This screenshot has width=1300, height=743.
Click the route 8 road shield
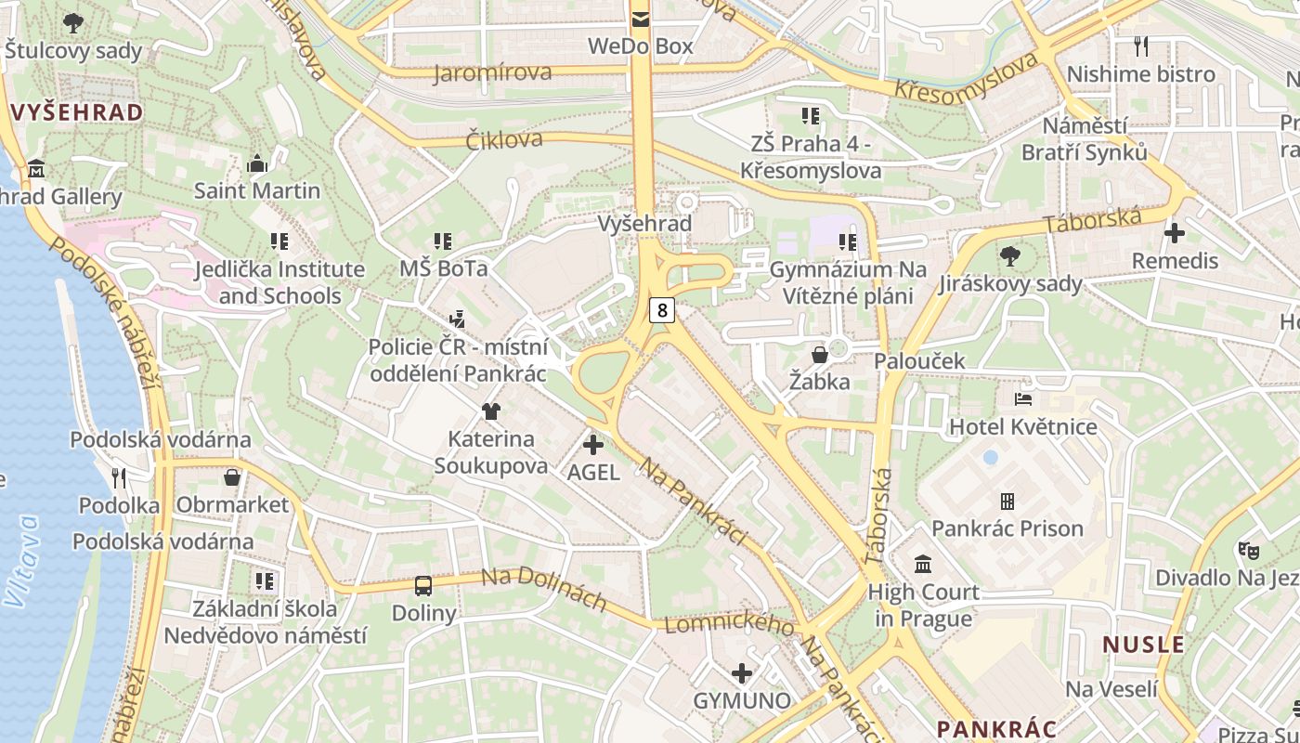[661, 309]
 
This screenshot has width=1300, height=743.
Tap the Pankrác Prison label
[1007, 528]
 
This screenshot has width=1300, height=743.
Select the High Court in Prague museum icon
[923, 564]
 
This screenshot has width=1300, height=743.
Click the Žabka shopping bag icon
[820, 355]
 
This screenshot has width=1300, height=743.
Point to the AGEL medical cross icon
[592, 445]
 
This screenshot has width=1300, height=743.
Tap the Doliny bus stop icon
[423, 586]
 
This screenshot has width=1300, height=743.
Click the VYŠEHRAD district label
[78, 113]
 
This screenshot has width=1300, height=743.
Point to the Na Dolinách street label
[543, 590]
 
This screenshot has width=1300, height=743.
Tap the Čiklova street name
[504, 140]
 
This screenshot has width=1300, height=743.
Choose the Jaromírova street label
[492, 72]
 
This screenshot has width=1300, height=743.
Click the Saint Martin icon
[257, 164]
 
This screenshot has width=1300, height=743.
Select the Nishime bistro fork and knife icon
[1141, 46]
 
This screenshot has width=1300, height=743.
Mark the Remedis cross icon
[1175, 233]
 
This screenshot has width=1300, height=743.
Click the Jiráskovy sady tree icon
[1010, 255]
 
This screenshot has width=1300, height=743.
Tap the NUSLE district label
[1143, 645]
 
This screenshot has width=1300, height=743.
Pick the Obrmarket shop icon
[232, 477]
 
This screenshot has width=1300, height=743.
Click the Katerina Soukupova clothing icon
[491, 411]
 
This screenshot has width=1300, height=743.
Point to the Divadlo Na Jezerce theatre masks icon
[1249, 551]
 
